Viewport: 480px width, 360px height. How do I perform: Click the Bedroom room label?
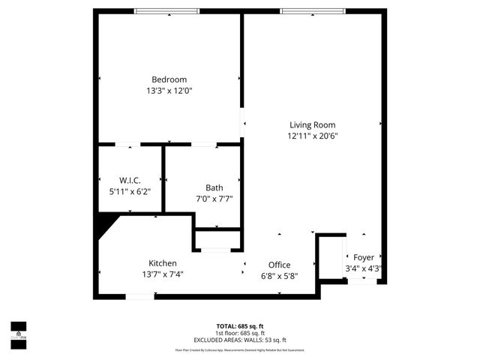click(x=169, y=79)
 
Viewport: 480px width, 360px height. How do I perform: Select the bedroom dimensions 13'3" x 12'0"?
click(x=169, y=91)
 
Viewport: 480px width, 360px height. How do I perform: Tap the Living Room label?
click(x=313, y=125)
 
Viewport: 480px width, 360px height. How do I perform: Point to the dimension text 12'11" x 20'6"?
click(x=313, y=136)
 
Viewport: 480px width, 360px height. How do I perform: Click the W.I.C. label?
click(x=130, y=180)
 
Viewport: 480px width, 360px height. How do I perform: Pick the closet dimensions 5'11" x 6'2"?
click(x=130, y=191)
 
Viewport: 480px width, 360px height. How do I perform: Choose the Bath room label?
click(x=214, y=187)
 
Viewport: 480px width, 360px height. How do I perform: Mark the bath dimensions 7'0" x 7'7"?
click(x=214, y=199)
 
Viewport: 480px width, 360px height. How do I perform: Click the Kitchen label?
click(x=162, y=262)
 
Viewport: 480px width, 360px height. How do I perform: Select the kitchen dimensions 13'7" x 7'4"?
click(x=162, y=274)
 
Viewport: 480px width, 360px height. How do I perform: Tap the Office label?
click(x=279, y=265)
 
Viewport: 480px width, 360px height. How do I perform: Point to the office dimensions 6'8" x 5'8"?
click(x=279, y=275)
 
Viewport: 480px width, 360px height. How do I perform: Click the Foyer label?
click(x=364, y=257)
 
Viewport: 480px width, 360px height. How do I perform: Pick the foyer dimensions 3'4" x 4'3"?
click(x=364, y=268)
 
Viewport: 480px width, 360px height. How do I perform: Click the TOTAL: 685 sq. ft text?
click(x=240, y=326)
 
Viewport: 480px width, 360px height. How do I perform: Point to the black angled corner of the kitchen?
click(x=106, y=222)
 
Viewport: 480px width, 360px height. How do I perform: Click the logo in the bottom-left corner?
click(x=17, y=331)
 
